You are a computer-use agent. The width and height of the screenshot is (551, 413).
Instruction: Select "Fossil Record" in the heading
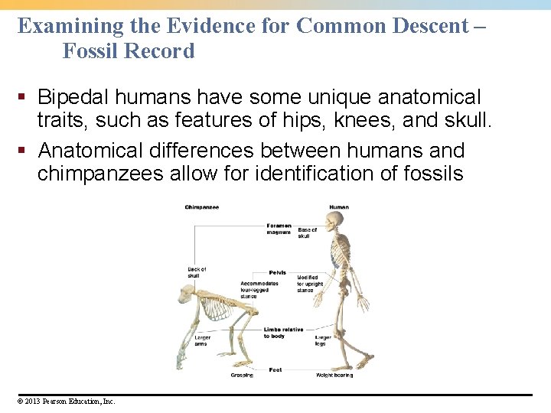[x=129, y=51]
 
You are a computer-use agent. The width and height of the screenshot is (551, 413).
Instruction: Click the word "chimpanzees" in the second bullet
[x=100, y=174]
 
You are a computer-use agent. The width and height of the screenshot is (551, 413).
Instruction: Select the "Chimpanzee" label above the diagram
[x=201, y=207]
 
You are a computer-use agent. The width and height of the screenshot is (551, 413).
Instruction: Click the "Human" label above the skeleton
[x=339, y=207]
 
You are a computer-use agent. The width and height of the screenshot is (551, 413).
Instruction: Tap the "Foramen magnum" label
[x=279, y=229]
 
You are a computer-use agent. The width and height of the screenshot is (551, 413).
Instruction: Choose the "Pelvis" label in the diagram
[x=278, y=272]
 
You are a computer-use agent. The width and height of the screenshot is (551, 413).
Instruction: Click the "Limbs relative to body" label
[x=283, y=333]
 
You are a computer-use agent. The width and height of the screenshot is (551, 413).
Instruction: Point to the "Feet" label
[x=275, y=369]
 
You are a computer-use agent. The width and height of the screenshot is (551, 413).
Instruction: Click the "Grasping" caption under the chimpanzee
[x=242, y=376]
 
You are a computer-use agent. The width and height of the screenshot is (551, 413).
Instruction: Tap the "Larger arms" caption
[x=202, y=340]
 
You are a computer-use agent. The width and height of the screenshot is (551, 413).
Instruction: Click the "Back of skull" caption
[x=197, y=272]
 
